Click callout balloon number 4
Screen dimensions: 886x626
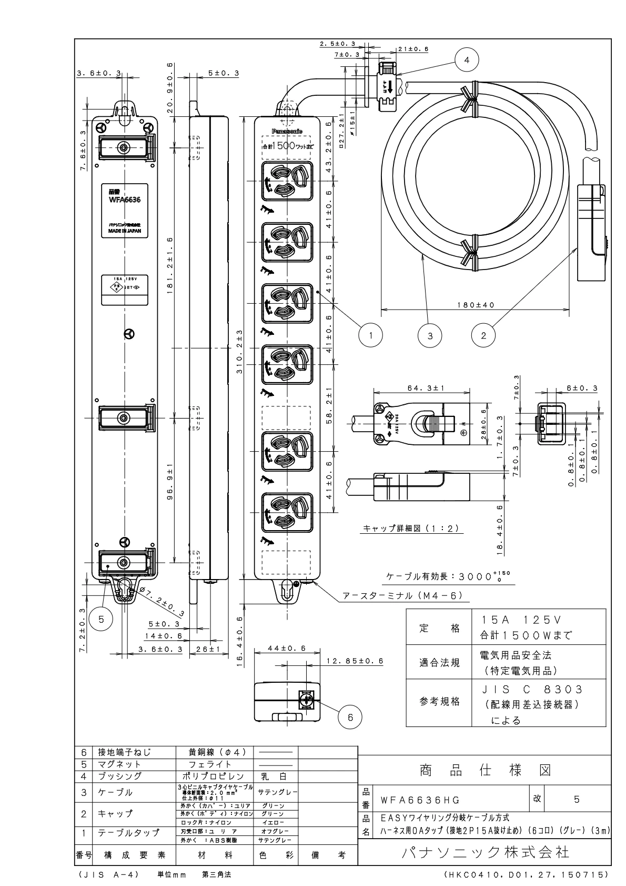click(x=467, y=60)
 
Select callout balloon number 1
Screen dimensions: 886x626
click(x=371, y=335)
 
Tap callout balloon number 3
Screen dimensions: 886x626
click(x=430, y=335)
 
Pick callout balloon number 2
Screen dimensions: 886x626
click(x=483, y=335)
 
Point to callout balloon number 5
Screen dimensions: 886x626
click(x=102, y=620)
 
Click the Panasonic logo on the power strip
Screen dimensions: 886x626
click(x=287, y=131)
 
